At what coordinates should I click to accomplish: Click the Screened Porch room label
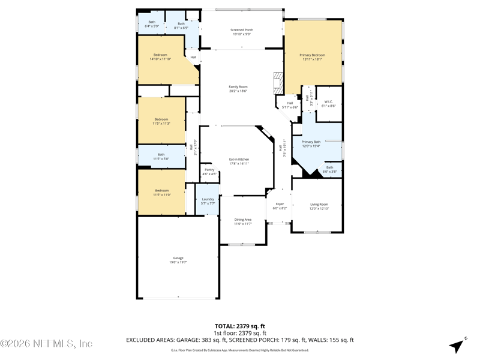pos(241,32)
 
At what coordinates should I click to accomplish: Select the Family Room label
pos(238,89)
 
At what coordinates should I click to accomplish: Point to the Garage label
pos(178,260)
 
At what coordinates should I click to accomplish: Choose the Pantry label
pos(209,172)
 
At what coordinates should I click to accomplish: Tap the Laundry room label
pos(208,201)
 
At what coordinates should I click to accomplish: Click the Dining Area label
pos(243,221)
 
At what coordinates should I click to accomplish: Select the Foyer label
pos(280,206)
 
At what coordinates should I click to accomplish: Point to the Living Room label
pos(319,206)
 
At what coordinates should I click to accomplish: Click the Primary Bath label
pos(311,143)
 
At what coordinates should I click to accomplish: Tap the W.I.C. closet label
pos(328,103)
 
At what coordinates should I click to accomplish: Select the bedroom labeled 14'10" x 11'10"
pos(160,57)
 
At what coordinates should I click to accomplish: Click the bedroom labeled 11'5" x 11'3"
pos(161,121)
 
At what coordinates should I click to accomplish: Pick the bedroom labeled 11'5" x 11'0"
pos(161,193)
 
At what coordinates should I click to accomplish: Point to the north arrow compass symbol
pos(458,346)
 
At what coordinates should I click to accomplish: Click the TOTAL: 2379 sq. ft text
pos(240,326)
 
